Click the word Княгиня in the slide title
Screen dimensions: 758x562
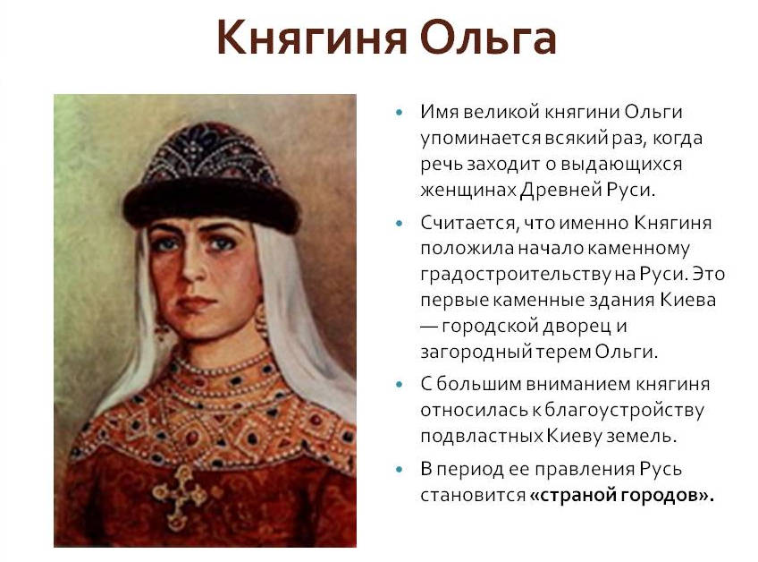pyautogui.click(x=312, y=38)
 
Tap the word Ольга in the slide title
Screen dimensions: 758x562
pyautogui.click(x=488, y=38)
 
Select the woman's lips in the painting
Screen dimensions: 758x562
pyautogui.click(x=196, y=303)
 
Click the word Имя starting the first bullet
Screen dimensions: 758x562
pyautogui.click(x=439, y=112)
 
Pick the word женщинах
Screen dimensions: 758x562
pyautogui.click(x=468, y=190)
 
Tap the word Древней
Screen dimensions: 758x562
pyautogui.click(x=560, y=189)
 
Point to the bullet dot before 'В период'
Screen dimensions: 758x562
pyautogui.click(x=400, y=469)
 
